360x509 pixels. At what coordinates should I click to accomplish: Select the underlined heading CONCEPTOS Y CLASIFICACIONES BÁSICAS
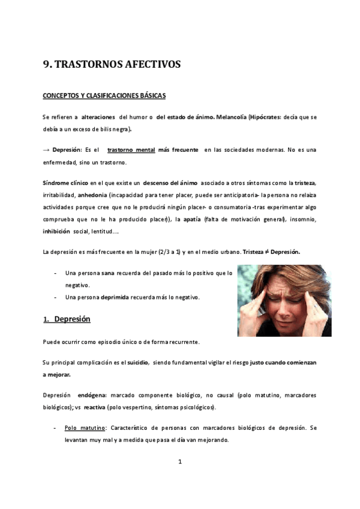click(104, 95)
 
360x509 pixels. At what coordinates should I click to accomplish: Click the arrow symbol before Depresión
click(46, 149)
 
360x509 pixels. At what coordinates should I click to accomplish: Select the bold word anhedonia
click(93, 195)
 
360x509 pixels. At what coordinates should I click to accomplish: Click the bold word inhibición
click(56, 232)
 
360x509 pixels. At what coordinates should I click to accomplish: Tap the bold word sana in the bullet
click(108, 273)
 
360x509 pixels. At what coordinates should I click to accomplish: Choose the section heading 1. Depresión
click(67, 319)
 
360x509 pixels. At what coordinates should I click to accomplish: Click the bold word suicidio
click(136, 363)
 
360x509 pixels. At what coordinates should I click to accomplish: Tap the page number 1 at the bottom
click(180, 462)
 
